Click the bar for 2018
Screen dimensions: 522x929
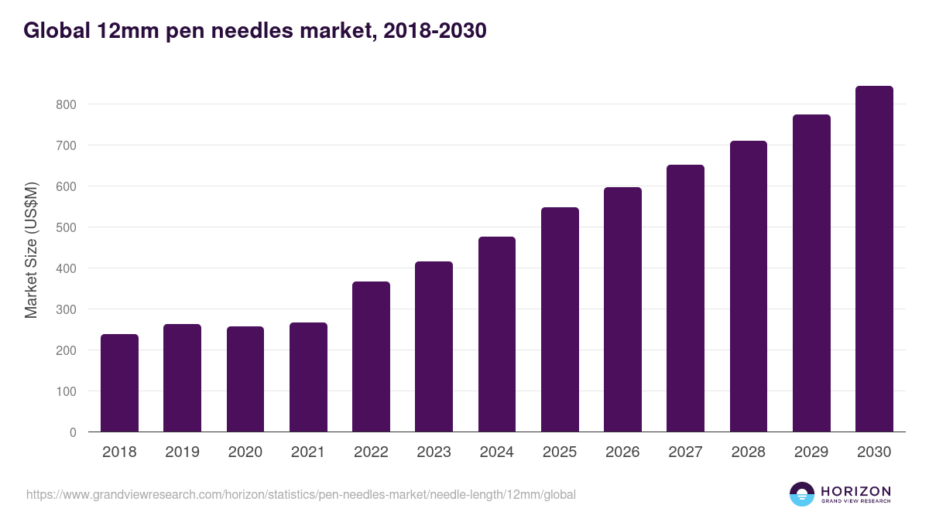click(x=119, y=383)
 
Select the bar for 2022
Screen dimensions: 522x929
click(x=371, y=357)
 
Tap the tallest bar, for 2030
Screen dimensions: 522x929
click(x=874, y=259)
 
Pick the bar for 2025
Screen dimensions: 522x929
click(x=560, y=319)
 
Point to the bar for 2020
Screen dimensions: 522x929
click(x=245, y=379)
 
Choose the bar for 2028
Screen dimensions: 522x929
click(x=748, y=286)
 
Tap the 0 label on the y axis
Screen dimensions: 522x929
click(x=73, y=432)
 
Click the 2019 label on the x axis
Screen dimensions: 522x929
click(x=183, y=452)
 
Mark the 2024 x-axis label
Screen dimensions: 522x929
click(x=497, y=452)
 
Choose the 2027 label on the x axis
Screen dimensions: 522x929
click(x=685, y=452)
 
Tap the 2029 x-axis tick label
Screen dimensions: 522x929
click(x=811, y=452)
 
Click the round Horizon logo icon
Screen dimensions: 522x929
click(x=802, y=494)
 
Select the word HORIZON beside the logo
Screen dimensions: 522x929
click(x=855, y=490)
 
